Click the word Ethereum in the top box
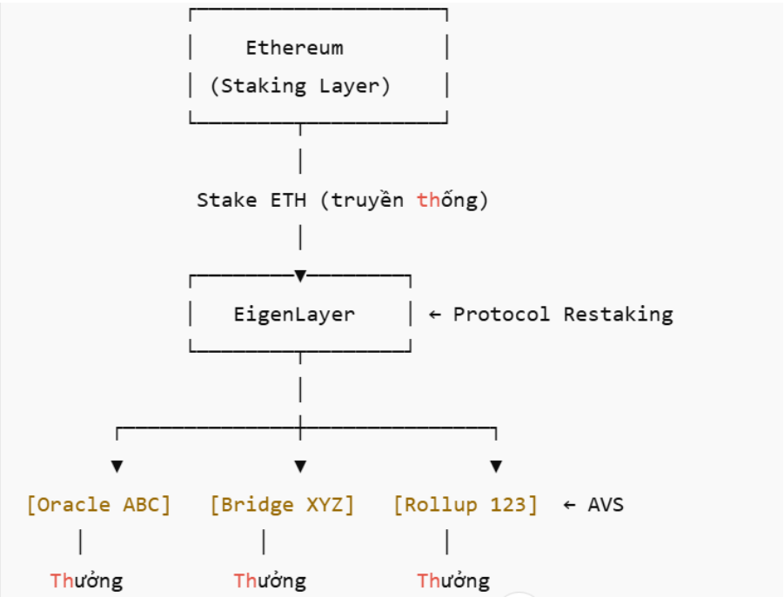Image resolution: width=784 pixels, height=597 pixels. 294,48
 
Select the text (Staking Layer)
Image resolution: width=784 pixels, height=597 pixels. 300,86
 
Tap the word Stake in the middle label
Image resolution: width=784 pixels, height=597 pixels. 225,200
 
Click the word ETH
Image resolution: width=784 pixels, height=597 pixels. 287,200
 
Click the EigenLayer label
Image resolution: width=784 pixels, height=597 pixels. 294,314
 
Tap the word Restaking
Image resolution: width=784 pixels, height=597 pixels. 618,314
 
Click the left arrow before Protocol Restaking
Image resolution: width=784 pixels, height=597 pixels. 435,314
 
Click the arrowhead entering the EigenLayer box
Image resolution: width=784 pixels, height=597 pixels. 300,276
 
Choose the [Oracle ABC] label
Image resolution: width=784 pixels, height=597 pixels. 98,505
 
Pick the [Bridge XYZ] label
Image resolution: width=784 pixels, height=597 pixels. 282,505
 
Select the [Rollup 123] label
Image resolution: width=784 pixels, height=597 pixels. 466,505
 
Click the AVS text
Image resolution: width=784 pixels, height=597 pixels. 606,505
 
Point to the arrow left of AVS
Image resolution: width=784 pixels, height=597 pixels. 570,505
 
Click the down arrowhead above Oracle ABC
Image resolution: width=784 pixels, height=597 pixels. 117,467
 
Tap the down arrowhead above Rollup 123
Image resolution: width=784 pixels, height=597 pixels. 496,467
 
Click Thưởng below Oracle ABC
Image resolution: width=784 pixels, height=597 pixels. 86,580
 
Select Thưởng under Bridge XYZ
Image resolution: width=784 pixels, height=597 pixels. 270,580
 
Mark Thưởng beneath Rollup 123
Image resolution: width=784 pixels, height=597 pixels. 453,580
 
